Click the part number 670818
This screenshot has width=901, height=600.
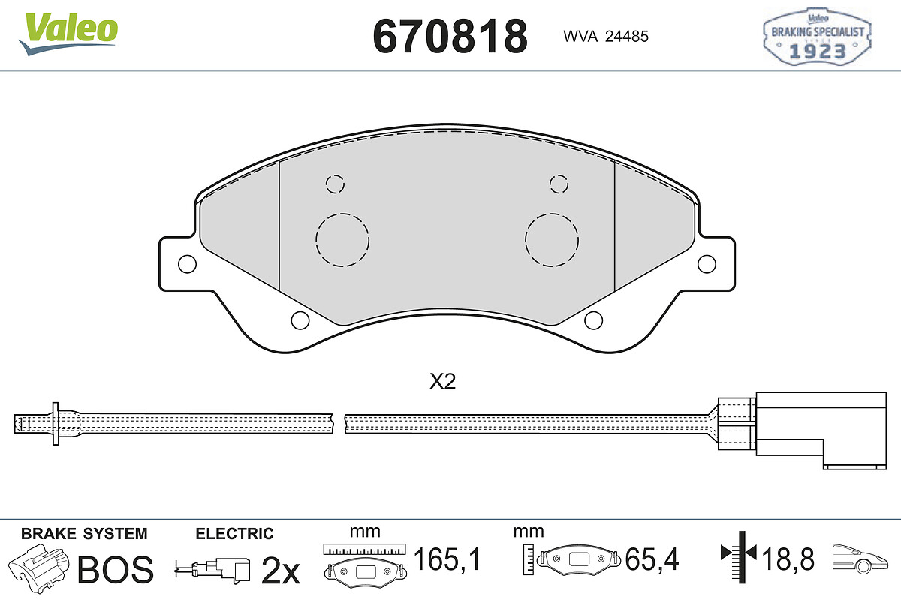click(450, 36)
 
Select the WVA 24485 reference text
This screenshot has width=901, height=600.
click(606, 37)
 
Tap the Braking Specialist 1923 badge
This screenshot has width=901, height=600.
click(817, 37)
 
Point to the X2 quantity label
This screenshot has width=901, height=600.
click(442, 382)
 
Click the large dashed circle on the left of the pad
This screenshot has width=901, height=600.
click(342, 240)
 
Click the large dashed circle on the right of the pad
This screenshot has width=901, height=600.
click(551, 240)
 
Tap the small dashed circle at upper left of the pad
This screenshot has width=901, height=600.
click(335, 184)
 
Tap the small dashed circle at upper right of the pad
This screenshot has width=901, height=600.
click(559, 184)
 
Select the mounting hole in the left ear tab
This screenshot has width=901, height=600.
click(187, 264)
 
